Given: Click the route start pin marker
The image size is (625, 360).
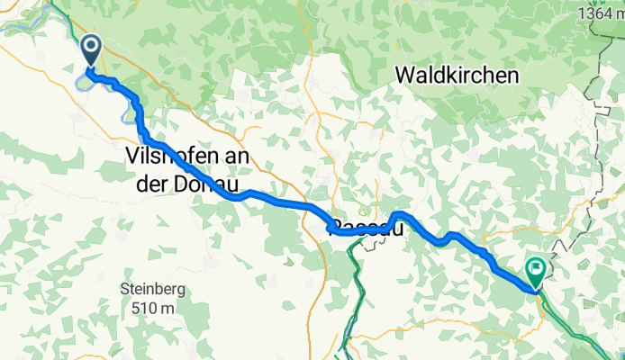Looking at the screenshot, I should coord(91,50).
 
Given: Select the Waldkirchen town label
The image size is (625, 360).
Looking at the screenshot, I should coord(457,76).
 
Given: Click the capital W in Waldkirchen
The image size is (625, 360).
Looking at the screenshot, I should coord(405,76).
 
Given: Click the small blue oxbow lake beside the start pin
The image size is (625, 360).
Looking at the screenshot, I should coord(82,83).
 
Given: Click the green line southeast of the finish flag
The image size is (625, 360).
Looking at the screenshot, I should coord(576,324).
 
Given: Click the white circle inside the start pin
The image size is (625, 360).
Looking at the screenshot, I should coord(91,45).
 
